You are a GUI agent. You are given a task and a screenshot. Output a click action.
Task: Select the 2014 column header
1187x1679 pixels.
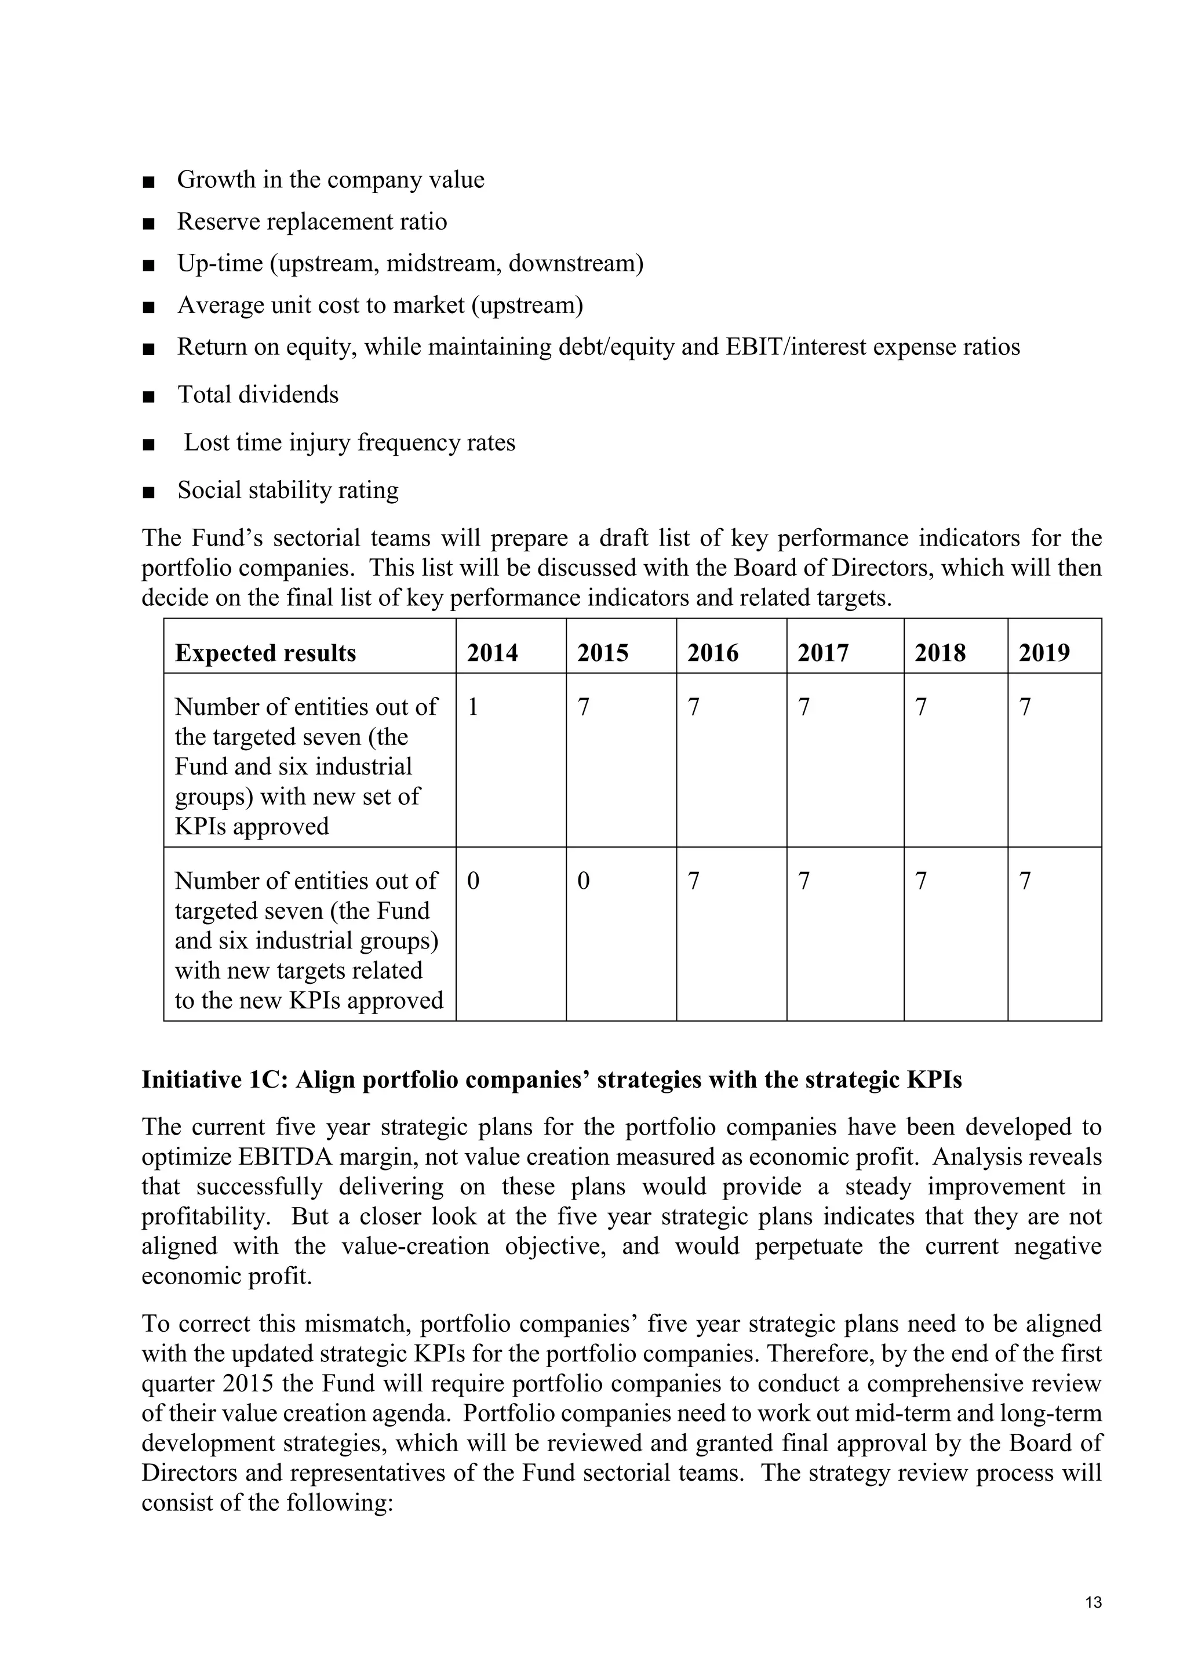point(492,652)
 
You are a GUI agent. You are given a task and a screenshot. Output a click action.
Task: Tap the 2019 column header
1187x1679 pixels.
point(1044,652)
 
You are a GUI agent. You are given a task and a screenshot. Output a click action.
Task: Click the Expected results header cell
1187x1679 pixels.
point(265,652)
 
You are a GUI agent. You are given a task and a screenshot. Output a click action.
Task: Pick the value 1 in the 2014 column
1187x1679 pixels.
point(473,707)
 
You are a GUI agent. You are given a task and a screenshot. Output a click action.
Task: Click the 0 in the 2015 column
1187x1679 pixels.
point(583,881)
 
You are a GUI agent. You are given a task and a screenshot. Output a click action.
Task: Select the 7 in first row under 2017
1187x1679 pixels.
point(804,707)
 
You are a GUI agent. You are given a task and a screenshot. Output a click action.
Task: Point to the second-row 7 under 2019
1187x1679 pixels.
point(1025,881)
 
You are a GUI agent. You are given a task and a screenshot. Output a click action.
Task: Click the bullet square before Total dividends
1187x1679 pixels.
point(149,397)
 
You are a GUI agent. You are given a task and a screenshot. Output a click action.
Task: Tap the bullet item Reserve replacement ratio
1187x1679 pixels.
point(311,221)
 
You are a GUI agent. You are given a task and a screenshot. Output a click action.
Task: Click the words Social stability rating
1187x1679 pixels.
point(288,490)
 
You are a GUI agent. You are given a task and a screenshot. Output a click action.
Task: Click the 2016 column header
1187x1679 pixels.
point(713,652)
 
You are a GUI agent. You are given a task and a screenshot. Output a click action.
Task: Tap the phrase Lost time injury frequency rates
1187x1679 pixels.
point(349,442)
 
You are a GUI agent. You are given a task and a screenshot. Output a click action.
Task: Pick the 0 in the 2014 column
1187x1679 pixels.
point(473,881)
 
